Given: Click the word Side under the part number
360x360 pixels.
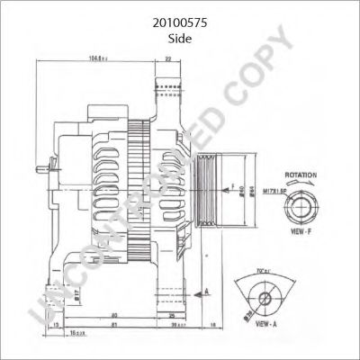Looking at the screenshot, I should pyautogui.click(x=179, y=40).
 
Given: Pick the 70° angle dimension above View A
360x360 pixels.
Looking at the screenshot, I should pyautogui.click(x=265, y=269).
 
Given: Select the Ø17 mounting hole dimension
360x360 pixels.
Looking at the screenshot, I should pyautogui.click(x=53, y=290).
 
